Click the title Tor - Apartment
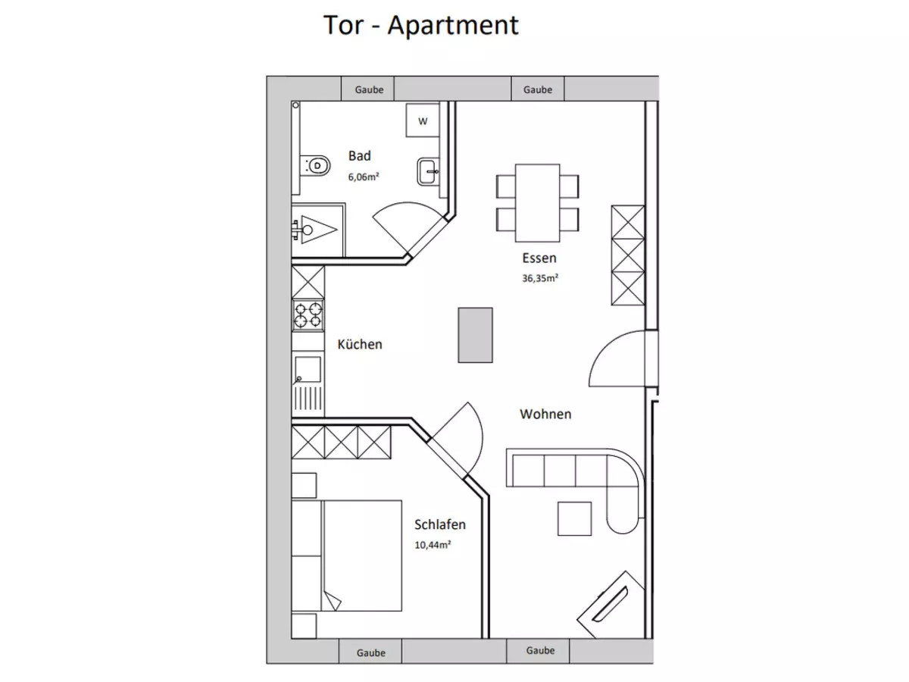coord(420,25)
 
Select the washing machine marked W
coord(423,120)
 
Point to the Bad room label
coord(360,155)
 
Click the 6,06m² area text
coord(364,177)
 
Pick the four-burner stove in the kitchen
coord(308,314)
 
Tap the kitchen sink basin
coord(308,369)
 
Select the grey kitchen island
coord(475,335)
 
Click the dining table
coord(538,203)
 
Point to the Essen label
coord(539,258)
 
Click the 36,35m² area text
coord(540,278)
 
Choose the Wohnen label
coord(545,414)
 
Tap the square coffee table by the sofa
coord(574,518)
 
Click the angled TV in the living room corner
coord(611,605)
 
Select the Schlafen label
coord(440,524)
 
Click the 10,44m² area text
coord(433,545)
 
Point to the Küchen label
coord(360,344)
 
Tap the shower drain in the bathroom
coord(308,230)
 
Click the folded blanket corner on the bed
coord(332,601)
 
